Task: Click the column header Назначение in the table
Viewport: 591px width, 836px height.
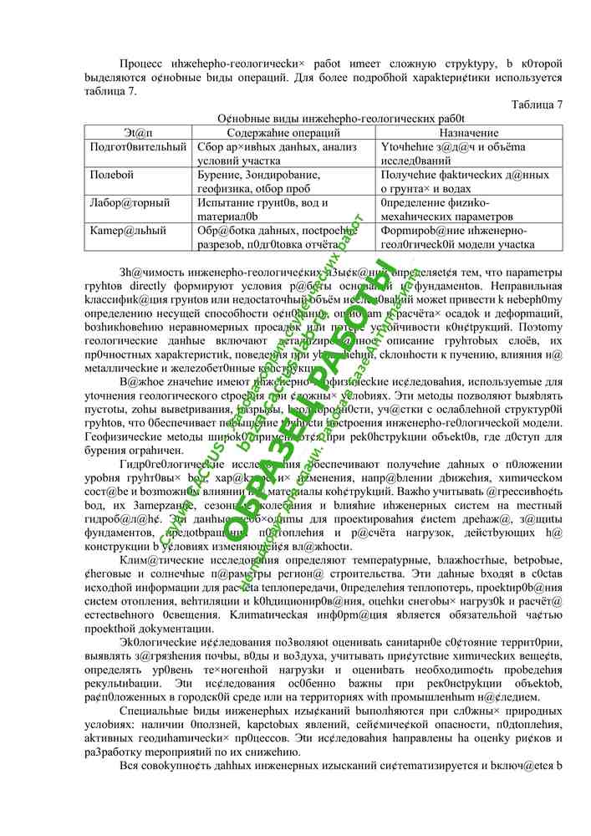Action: [x=468, y=133]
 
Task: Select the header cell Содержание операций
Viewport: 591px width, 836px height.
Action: [x=283, y=133]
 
